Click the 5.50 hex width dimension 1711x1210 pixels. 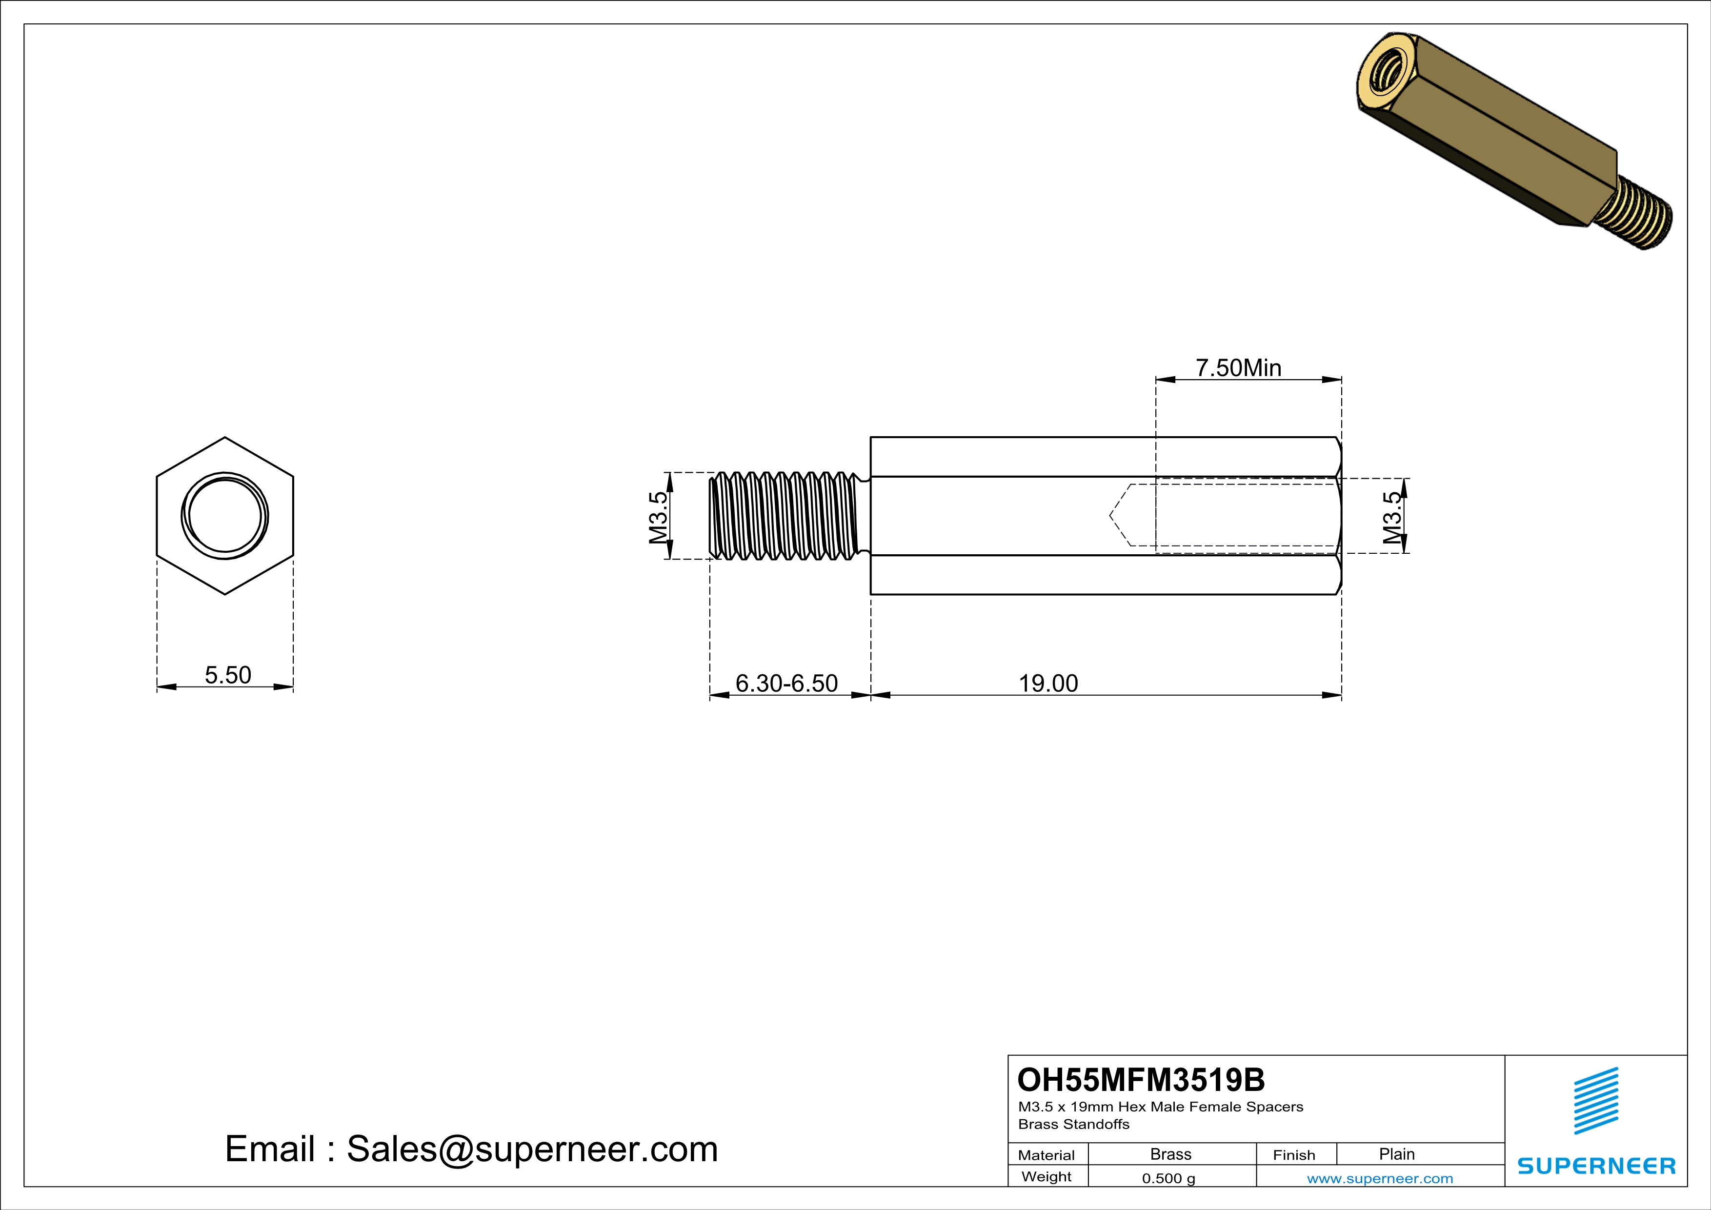(228, 675)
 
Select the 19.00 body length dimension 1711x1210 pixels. (1048, 683)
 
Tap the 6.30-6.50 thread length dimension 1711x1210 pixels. (786, 683)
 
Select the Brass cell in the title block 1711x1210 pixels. (1171, 1154)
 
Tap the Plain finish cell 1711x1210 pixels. (1396, 1154)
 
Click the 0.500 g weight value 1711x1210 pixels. (1168, 1178)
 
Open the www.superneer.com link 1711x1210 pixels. (1379, 1178)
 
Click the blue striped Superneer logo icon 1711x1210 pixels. (1595, 1101)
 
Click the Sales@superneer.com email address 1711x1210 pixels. (532, 1149)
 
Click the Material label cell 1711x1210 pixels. (1047, 1155)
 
